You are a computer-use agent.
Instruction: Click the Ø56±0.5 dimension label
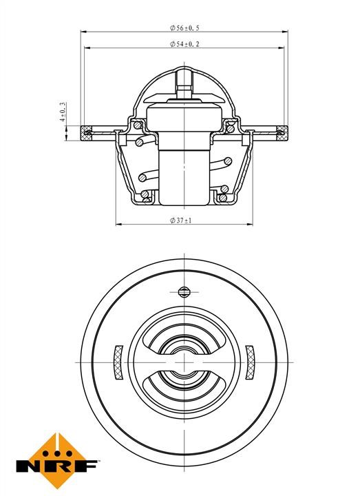(x=184, y=28)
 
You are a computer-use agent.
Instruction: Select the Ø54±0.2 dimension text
(x=184, y=44)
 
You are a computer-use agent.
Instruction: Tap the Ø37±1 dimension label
(x=181, y=220)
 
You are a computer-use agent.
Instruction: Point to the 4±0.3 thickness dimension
(x=63, y=112)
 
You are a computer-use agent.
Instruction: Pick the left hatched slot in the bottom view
(x=118, y=362)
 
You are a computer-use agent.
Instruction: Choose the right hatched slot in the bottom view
(x=250, y=362)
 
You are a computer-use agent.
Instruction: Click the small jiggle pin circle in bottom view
(x=184, y=291)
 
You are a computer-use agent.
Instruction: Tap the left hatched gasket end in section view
(x=86, y=133)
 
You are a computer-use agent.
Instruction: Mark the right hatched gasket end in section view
(x=282, y=133)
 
